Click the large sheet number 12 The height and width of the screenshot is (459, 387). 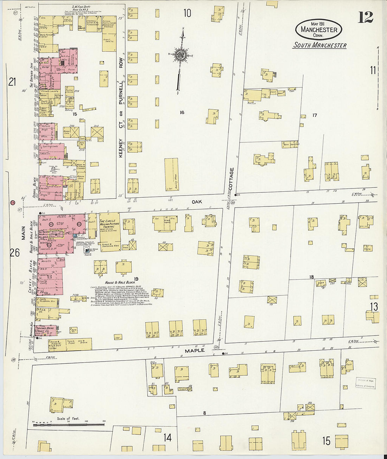[366, 17]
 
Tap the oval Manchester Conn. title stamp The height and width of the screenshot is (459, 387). [319, 29]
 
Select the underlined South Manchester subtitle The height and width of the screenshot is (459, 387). [320, 45]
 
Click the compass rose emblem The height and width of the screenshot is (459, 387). [180, 55]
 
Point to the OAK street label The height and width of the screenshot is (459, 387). [197, 202]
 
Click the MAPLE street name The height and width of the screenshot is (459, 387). [195, 350]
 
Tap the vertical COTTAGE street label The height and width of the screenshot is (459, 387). [231, 179]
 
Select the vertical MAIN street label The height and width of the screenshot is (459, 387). [24, 232]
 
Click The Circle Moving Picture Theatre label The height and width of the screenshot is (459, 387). [109, 224]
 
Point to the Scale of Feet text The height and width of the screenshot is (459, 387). [68, 419]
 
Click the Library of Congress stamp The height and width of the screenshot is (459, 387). [366, 383]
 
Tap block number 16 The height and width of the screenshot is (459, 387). [182, 113]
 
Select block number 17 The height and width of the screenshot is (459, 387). [315, 115]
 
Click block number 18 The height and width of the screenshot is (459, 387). [311, 277]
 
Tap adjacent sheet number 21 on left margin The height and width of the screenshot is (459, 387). [12, 82]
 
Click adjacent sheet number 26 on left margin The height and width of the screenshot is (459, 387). [14, 253]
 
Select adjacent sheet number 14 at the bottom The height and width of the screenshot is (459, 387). [167, 438]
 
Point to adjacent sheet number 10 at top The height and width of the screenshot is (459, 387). [187, 13]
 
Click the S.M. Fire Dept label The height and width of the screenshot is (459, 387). [81, 7]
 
